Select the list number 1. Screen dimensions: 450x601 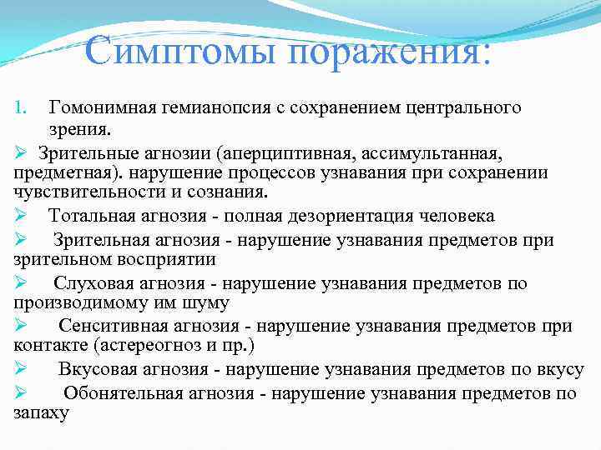[x=21, y=107]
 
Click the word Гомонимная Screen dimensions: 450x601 [x=108, y=107]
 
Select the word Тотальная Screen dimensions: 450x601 [x=93, y=217]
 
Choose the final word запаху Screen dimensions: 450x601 [x=41, y=412]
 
